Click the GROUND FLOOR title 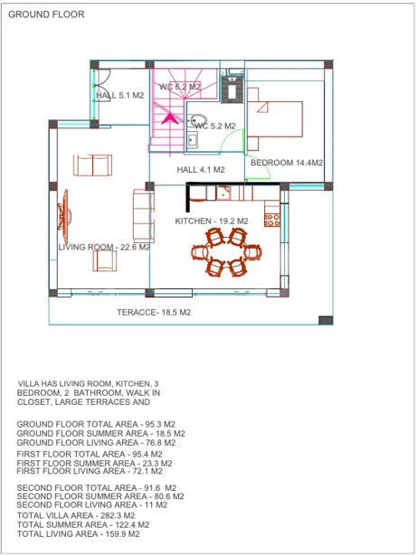pyautogui.click(x=46, y=14)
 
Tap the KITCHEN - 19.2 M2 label pyautogui.click(x=212, y=221)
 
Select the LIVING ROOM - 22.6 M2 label pyautogui.click(x=104, y=247)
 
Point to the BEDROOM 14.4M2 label pyautogui.click(x=287, y=163)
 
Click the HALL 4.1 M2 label pyautogui.click(x=201, y=170)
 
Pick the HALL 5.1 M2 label pyautogui.click(x=120, y=96)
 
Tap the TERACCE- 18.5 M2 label pyautogui.click(x=154, y=313)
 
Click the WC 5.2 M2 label pyautogui.click(x=215, y=126)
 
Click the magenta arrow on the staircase pyautogui.click(x=170, y=118)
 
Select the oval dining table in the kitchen pyautogui.click(x=226, y=252)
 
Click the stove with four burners pyautogui.click(x=272, y=220)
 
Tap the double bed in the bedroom pyautogui.click(x=275, y=119)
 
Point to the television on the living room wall pyautogui.click(x=64, y=215)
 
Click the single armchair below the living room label pyautogui.click(x=105, y=260)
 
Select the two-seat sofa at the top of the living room pyautogui.click(x=92, y=165)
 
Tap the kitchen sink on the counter pyautogui.click(x=223, y=193)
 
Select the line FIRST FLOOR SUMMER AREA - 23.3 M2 pyautogui.click(x=94, y=463)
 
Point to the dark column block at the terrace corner pyautogui.click(x=326, y=320)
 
